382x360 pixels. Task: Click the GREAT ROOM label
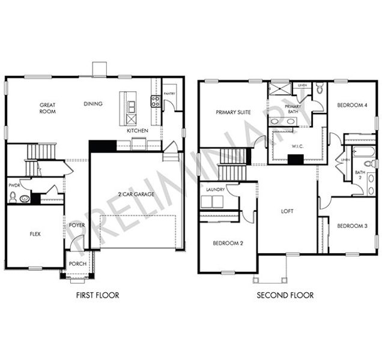48,108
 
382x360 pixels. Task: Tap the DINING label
93,104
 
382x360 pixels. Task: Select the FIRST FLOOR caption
97,295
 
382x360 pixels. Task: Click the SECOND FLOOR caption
285,295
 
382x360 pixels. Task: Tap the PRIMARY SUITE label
233,112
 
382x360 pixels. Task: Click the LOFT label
288,211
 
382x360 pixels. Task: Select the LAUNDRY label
215,190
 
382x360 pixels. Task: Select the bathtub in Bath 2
362,151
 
